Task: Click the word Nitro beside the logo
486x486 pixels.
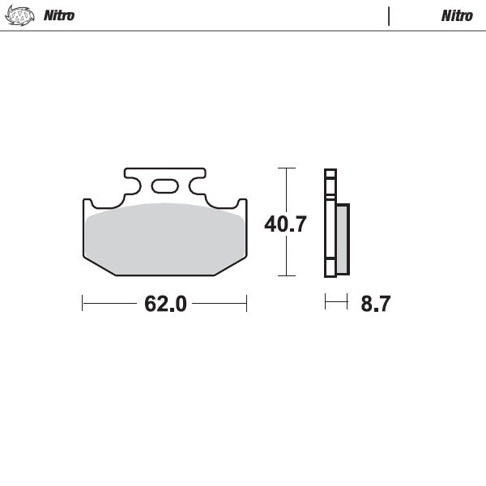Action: point(58,15)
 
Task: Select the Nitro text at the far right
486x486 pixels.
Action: point(457,15)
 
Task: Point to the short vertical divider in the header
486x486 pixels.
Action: point(390,15)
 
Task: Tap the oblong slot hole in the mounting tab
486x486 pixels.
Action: point(164,185)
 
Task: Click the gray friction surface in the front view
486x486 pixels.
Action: point(164,239)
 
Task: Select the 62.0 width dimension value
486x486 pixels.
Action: point(165,305)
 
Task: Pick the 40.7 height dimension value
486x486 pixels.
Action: point(285,224)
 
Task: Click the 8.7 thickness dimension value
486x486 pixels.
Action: point(376,305)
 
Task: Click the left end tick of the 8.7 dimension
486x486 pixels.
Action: point(326,303)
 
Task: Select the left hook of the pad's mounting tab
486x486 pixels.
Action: point(130,186)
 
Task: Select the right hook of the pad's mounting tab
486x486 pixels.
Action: point(199,186)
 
